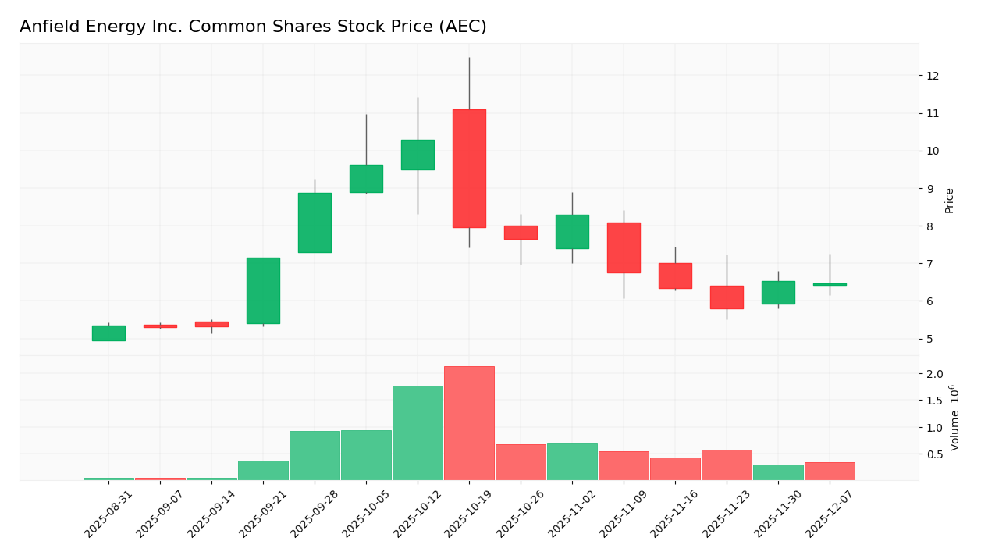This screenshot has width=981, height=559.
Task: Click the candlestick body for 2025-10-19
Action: pos(469,169)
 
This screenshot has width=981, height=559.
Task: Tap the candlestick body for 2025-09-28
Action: pos(315,223)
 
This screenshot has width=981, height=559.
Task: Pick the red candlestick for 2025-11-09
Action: pos(624,247)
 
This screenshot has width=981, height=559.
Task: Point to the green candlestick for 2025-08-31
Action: pos(108,333)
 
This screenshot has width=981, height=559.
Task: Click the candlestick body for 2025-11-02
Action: pos(572,232)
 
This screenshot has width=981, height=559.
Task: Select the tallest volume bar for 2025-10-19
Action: pos(469,423)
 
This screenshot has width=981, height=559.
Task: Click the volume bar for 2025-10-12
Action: pos(418,433)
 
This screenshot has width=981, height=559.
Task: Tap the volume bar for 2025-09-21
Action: pos(263,470)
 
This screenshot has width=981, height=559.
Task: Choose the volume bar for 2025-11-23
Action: pos(727,465)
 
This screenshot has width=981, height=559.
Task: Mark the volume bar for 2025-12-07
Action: pos(830,471)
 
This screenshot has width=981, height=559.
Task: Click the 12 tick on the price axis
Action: pos(932,76)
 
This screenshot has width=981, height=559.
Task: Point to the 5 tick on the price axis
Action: pos(930,339)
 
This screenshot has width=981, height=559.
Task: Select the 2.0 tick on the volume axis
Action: pos(935,374)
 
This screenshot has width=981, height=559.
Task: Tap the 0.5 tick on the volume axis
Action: pos(935,454)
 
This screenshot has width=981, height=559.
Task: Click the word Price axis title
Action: pos(950,201)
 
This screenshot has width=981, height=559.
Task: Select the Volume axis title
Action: pos(954,418)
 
